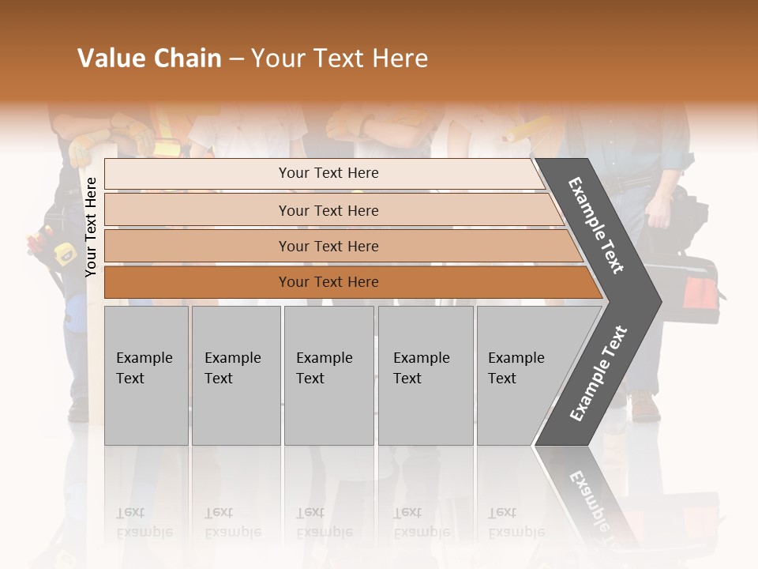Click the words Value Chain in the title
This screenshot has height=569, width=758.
point(149,58)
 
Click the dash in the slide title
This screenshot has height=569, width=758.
point(236,59)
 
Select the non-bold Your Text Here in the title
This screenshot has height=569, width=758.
point(340,58)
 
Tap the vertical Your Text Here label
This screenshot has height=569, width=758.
point(91,227)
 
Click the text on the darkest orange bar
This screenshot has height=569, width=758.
point(328,282)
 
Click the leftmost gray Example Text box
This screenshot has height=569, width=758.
point(146,375)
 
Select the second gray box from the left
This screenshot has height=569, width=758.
point(236,375)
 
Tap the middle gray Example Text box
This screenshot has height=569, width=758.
point(328,375)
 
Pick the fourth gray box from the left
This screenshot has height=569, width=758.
point(426,375)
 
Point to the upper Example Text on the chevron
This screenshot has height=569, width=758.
point(596,225)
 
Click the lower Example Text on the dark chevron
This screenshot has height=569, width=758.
point(598,374)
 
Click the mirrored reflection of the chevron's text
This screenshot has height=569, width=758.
point(588,498)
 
